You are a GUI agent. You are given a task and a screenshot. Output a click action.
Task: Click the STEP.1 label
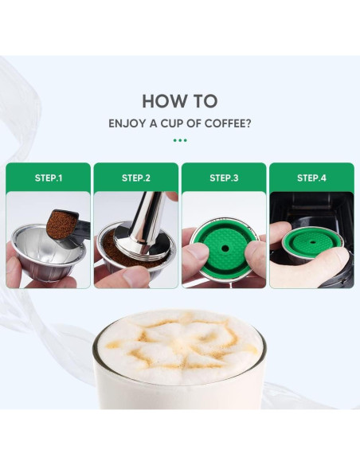tap(49, 178)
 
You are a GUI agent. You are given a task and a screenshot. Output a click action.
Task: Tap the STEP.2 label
tap(136, 178)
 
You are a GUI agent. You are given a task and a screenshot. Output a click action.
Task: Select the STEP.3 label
tap(224, 178)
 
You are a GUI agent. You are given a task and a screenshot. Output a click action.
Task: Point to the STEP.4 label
tap(311, 178)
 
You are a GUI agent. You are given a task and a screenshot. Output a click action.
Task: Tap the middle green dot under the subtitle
tap(180, 140)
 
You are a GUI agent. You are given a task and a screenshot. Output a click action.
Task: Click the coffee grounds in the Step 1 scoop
tap(61, 224)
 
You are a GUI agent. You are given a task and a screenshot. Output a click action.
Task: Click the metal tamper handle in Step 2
tap(147, 221)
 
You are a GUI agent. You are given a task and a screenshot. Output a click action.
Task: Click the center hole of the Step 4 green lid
tap(312, 242)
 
